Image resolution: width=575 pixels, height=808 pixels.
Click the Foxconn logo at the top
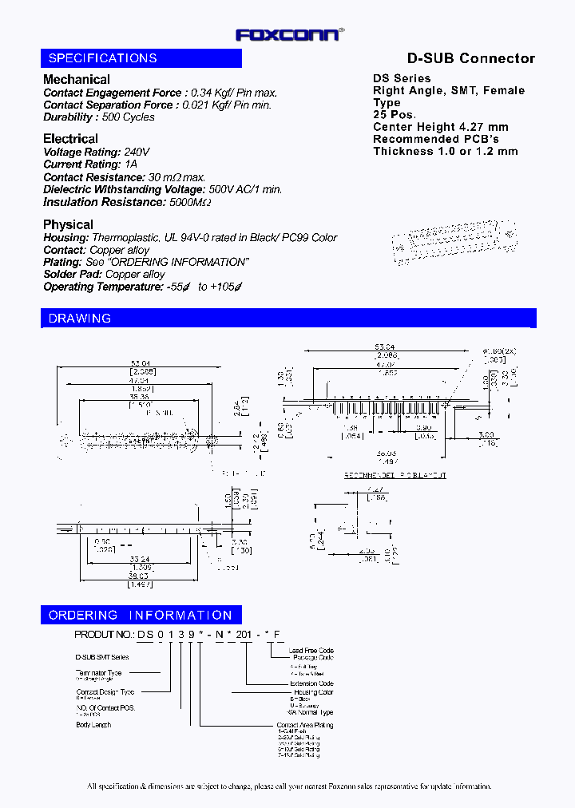(x=290, y=34)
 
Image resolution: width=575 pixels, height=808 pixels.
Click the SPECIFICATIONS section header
(x=103, y=58)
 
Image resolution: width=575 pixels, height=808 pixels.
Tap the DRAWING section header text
(x=80, y=319)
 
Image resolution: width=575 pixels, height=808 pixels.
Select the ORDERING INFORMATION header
(x=141, y=616)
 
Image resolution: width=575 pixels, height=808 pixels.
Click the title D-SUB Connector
(x=471, y=58)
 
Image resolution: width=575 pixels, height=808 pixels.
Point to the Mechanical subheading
(x=77, y=79)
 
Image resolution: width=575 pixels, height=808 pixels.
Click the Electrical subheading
(x=71, y=139)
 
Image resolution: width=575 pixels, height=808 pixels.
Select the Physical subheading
(x=68, y=224)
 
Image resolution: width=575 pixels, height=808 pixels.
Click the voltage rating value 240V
(x=137, y=152)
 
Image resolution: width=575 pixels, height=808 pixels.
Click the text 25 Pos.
(x=395, y=115)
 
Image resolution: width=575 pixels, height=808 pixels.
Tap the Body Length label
(x=93, y=725)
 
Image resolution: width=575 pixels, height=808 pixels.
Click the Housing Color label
(x=314, y=692)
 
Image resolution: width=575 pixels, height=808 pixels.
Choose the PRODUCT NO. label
(x=104, y=634)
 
